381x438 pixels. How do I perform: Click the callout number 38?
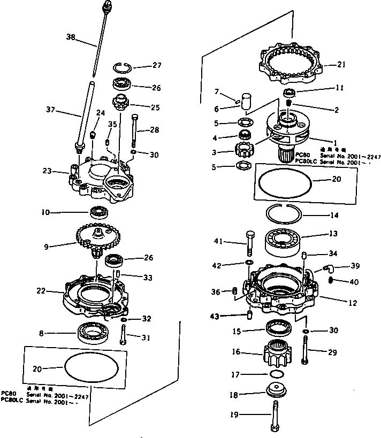pos(71,37)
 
